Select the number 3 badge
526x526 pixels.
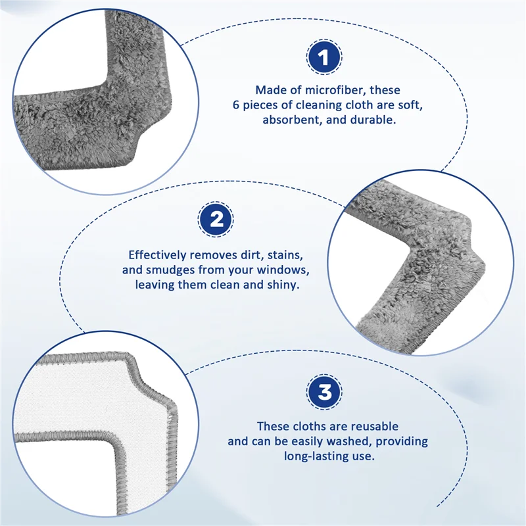[325, 394]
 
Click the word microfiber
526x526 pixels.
[333, 90]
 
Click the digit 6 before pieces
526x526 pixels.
[236, 105]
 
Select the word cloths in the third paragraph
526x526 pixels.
[312, 426]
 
